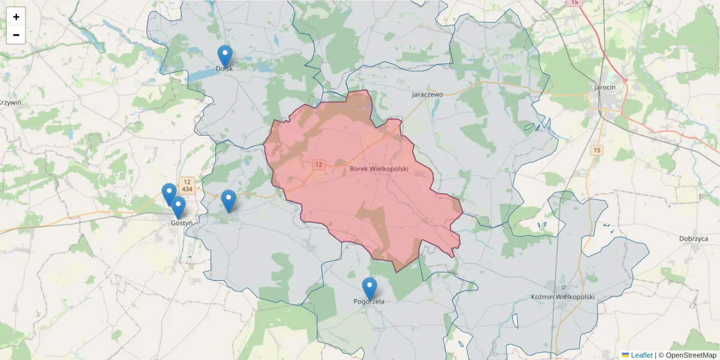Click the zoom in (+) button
click(x=16, y=17)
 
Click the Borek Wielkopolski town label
click(x=379, y=170)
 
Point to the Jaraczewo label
click(x=427, y=95)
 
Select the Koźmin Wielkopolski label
click(x=563, y=297)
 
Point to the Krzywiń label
click(x=10, y=103)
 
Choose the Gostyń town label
click(x=181, y=223)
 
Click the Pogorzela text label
click(x=369, y=302)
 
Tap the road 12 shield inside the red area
click(x=318, y=164)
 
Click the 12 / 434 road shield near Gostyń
click(x=187, y=185)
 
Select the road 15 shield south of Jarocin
click(x=596, y=150)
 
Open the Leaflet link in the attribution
click(x=641, y=355)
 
